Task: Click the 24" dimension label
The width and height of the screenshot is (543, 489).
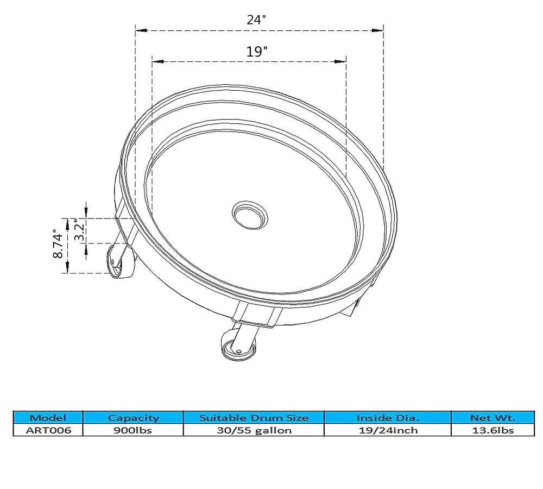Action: point(256,20)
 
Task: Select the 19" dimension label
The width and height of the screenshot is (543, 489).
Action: point(257,52)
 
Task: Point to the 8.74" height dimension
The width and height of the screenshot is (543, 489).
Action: point(58,243)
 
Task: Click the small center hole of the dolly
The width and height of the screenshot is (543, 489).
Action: point(250,215)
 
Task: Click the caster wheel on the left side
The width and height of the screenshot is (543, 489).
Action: point(119,262)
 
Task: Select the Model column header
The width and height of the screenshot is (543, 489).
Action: point(48,418)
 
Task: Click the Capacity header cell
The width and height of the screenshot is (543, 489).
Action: point(134,418)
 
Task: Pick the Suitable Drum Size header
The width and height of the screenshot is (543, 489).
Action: point(254,418)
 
